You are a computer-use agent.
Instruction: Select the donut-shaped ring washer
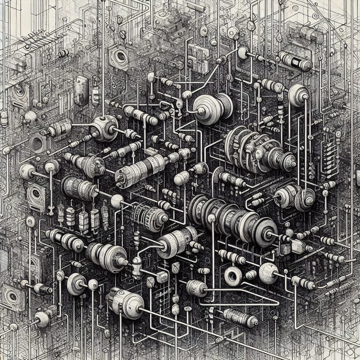(232, 276)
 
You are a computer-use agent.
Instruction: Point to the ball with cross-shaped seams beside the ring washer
(267, 273)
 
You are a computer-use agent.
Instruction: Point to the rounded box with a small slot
(81, 90)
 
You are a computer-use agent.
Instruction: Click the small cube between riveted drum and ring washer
(161, 278)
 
